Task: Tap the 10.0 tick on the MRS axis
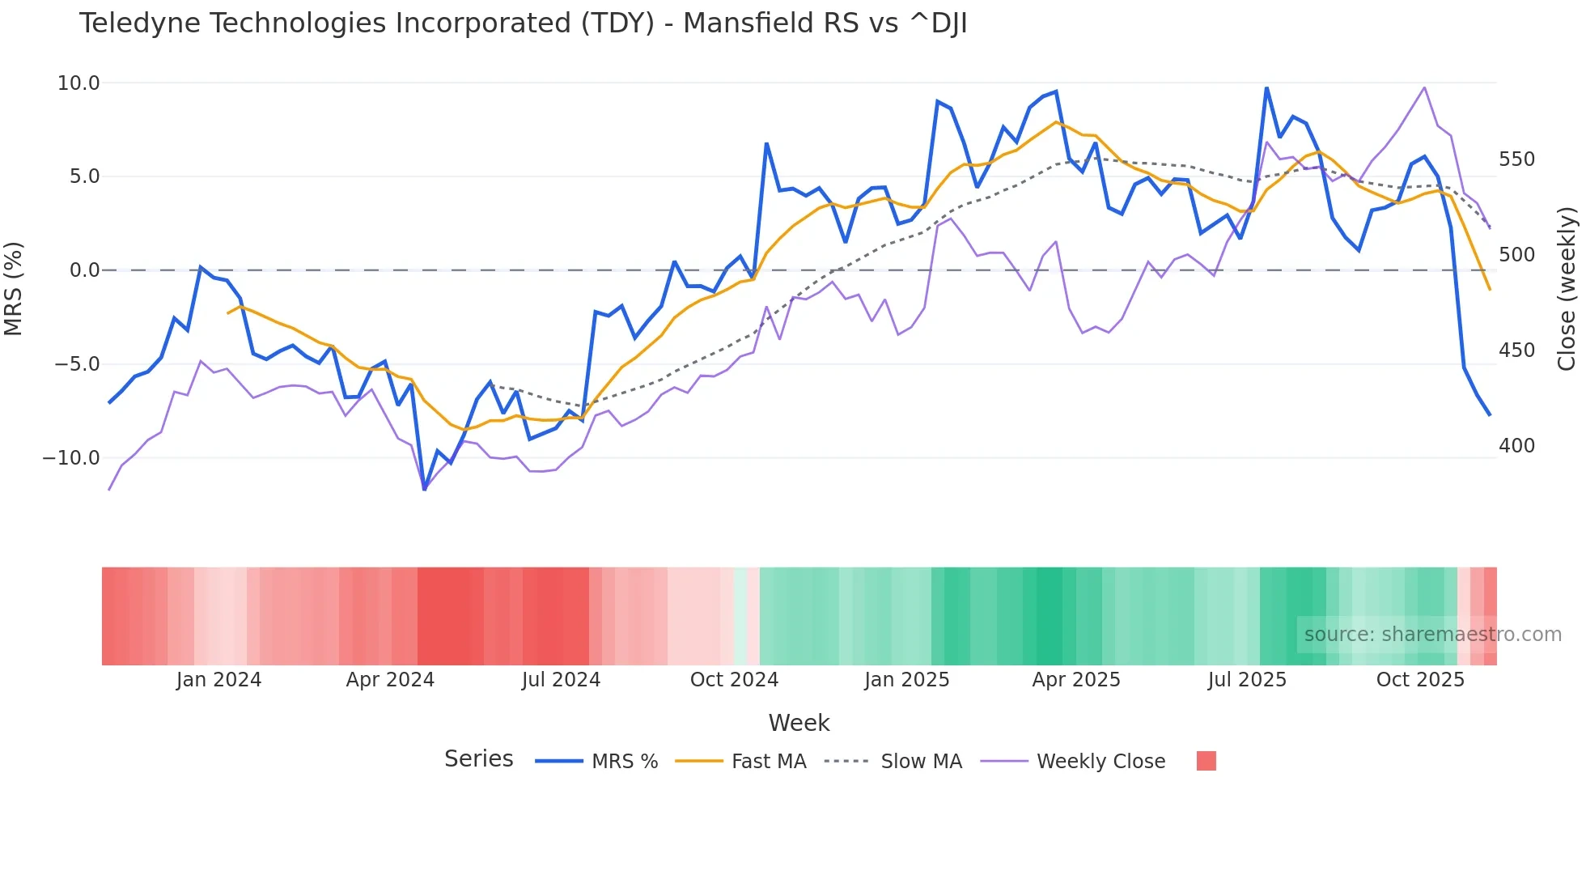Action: (x=78, y=83)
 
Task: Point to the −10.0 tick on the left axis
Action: (x=71, y=458)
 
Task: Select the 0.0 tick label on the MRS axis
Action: (x=85, y=270)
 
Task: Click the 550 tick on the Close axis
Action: (x=1516, y=159)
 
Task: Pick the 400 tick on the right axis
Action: (x=1516, y=446)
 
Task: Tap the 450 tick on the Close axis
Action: (x=1516, y=350)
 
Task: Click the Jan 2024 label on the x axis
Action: (x=218, y=680)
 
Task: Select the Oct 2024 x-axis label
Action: (x=734, y=680)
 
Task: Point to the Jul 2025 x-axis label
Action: (x=1247, y=680)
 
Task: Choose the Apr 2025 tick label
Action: (x=1076, y=680)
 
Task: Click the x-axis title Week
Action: (x=799, y=723)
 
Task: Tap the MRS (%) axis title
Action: (x=14, y=288)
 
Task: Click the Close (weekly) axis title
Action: (x=1567, y=288)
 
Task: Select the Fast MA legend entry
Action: (x=769, y=762)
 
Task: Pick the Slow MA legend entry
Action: (x=921, y=762)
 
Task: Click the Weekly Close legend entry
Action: (x=1100, y=762)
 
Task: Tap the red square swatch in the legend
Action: (x=1206, y=761)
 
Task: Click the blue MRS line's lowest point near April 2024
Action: (x=424, y=489)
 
